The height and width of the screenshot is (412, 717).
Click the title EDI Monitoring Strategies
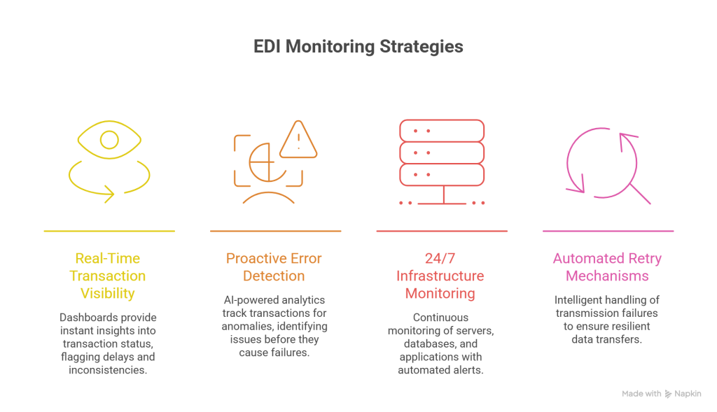[358, 48]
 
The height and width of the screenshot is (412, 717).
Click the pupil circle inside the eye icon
[109, 141]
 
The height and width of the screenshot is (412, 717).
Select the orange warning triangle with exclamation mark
[298, 140]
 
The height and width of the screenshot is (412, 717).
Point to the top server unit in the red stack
[442, 131]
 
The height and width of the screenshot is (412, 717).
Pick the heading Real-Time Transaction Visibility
[108, 276]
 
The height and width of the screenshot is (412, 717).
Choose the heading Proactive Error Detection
[274, 267]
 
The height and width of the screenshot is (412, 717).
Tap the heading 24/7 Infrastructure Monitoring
[440, 276]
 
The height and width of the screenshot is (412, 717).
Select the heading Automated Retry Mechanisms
[607, 267]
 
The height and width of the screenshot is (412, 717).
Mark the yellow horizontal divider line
[109, 230]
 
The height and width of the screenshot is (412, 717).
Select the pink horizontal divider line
[608, 230]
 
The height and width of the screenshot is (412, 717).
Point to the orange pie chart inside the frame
[260, 162]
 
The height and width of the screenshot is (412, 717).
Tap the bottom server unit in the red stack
[442, 174]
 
